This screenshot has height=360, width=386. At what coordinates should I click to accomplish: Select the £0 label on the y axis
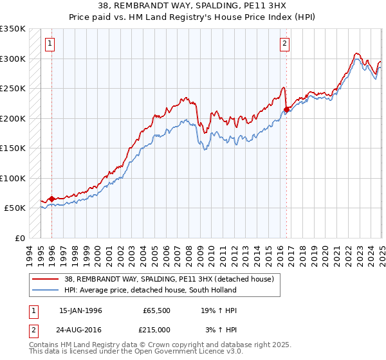[19, 238]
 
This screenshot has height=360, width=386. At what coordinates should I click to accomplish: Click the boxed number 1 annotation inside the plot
[50, 44]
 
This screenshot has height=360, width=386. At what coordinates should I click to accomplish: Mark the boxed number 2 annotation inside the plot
[284, 44]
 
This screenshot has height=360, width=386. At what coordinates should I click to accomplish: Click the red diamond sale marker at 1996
[51, 199]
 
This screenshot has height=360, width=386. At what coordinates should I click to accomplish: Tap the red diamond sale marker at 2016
[286, 109]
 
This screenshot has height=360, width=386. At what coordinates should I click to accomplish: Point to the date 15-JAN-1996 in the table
[80, 310]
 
